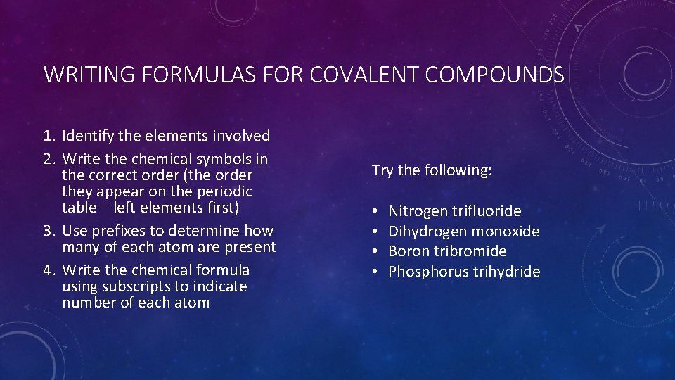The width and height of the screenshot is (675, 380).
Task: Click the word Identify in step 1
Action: pyautogui.click(x=88, y=136)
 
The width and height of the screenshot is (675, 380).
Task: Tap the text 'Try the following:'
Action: pyautogui.click(x=432, y=170)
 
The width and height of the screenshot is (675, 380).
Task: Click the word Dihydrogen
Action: pyautogui.click(x=427, y=232)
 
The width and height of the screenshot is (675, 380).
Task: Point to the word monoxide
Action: pyautogui.click(x=506, y=232)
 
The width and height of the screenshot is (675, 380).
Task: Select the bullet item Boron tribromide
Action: pyautogui.click(x=447, y=251)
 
